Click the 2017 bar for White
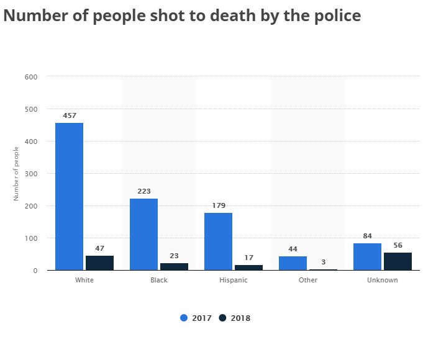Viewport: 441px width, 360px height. [x=69, y=196]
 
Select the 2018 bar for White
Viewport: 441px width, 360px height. [x=99, y=263]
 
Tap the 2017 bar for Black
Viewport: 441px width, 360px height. [x=143, y=234]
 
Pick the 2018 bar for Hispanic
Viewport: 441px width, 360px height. [x=248, y=268]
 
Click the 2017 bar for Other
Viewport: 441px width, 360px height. [x=293, y=263]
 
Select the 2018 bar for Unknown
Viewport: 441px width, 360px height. [x=398, y=261]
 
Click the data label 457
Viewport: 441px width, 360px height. [x=69, y=115]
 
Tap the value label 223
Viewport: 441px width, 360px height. [x=143, y=191]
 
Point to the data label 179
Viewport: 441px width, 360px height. [x=218, y=205]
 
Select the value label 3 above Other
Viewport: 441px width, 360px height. [x=323, y=262]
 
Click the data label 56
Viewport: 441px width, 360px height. [x=398, y=245]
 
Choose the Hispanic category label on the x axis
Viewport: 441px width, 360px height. [x=234, y=280]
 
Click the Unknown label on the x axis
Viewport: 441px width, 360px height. [x=383, y=280]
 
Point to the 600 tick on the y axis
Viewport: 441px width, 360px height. [x=32, y=77]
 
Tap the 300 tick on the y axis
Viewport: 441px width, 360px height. [x=32, y=174]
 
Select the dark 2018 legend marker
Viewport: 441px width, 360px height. [x=223, y=318]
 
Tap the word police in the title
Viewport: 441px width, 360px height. [x=337, y=16]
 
